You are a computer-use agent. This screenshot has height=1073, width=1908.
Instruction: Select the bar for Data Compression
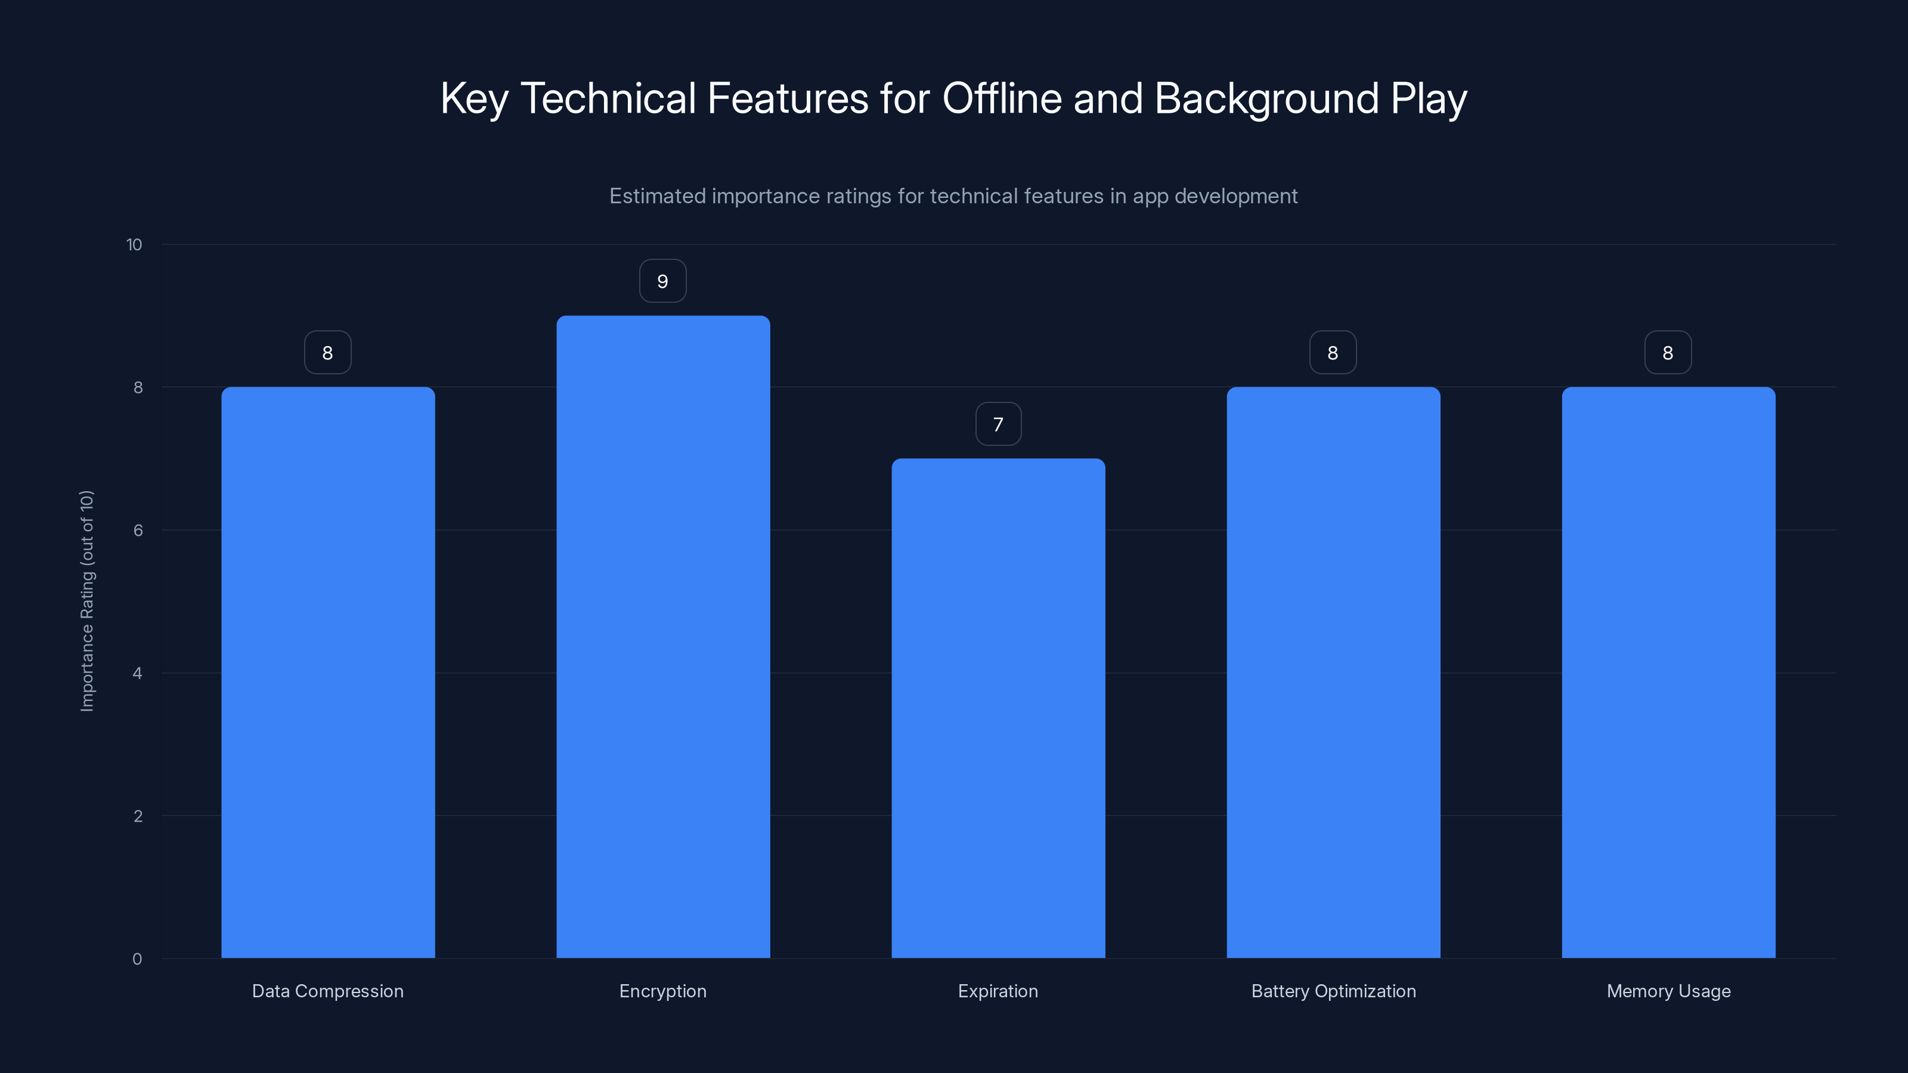click(x=327, y=672)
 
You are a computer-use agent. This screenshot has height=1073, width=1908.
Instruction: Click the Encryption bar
click(x=663, y=637)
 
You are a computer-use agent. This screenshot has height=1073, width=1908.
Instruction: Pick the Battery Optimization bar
click(x=1333, y=672)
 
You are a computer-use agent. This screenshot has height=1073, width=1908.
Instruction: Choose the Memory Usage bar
click(x=1668, y=672)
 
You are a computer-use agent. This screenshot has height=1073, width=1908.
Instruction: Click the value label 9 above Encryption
click(x=663, y=281)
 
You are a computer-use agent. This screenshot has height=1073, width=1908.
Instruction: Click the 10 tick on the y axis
click(x=134, y=245)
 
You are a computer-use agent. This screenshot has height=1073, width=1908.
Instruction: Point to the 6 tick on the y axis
click(x=138, y=530)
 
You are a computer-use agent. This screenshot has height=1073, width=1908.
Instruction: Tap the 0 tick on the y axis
click(x=137, y=959)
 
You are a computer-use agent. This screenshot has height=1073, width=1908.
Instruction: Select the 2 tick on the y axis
click(x=138, y=816)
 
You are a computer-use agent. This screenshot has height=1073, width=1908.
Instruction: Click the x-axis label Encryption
click(x=663, y=991)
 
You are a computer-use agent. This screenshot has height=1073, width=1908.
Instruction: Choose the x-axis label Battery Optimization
click(x=1333, y=991)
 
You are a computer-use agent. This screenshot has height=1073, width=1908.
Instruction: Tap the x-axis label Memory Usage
click(x=1668, y=991)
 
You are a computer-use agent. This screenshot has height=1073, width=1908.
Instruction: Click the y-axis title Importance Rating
click(x=88, y=600)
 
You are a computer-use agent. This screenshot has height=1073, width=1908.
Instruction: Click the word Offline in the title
click(x=1002, y=98)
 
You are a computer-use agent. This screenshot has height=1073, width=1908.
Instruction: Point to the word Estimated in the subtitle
click(x=657, y=196)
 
